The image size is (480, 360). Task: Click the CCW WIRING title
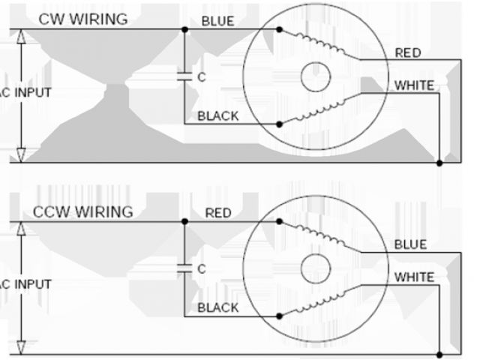(x=82, y=211)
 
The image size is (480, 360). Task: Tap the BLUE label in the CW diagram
(x=217, y=21)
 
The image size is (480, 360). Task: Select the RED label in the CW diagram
(x=408, y=52)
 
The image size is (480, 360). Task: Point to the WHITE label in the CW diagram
(x=414, y=85)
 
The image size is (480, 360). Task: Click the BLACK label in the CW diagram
(x=218, y=115)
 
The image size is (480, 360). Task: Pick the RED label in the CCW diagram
(x=218, y=213)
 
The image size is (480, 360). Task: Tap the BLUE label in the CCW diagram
(x=409, y=245)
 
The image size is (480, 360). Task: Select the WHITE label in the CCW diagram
(x=414, y=277)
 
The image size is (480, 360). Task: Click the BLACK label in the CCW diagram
(x=218, y=308)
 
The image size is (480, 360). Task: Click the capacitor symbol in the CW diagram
(x=184, y=76)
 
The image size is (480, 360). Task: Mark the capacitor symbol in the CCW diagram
(x=184, y=268)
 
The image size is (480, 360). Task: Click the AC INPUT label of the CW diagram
(x=25, y=92)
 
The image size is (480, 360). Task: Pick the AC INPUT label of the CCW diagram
(x=25, y=285)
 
